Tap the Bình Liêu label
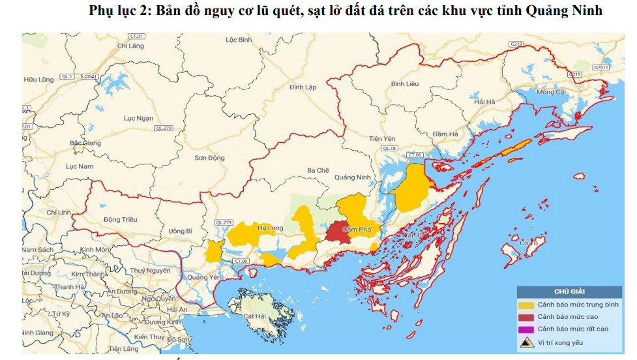click(404, 84)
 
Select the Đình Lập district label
click(303, 87)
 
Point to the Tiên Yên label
click(382, 139)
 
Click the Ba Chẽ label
click(318, 170)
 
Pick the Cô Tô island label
click(529, 243)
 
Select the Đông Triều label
click(120, 220)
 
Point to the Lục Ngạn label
click(138, 118)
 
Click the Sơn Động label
click(209, 158)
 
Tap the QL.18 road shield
click(389, 149)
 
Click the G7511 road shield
click(600, 67)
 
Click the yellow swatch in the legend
click(526, 305)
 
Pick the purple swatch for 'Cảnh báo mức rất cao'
click(526, 329)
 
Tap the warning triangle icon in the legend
click(526, 342)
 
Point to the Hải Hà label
click(485, 102)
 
